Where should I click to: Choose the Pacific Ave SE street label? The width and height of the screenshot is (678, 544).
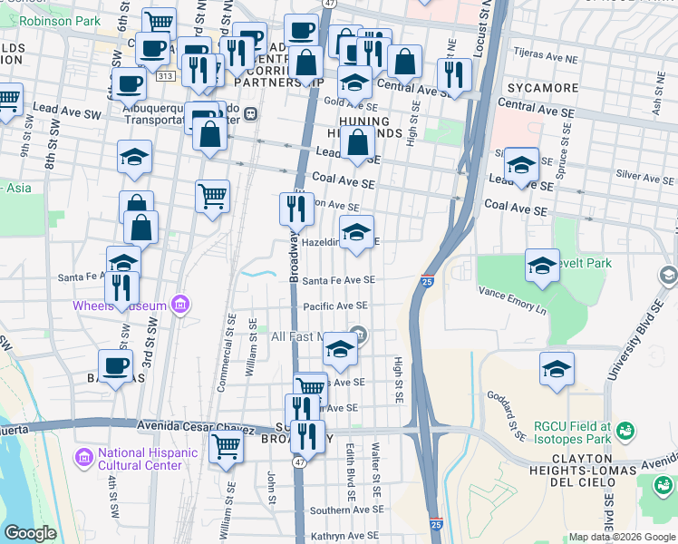coord(334,306)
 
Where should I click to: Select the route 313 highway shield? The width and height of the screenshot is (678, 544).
coord(165,78)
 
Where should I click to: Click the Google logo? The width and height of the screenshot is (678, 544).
coord(30,533)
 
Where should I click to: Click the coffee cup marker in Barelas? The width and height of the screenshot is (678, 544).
coord(115,366)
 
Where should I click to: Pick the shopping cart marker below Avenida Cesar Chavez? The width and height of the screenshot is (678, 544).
coord(226,445)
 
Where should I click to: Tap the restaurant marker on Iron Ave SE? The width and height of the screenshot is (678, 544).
coord(296,209)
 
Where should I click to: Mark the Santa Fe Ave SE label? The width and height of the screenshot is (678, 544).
coord(334,281)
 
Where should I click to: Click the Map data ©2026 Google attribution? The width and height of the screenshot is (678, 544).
coord(622,537)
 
